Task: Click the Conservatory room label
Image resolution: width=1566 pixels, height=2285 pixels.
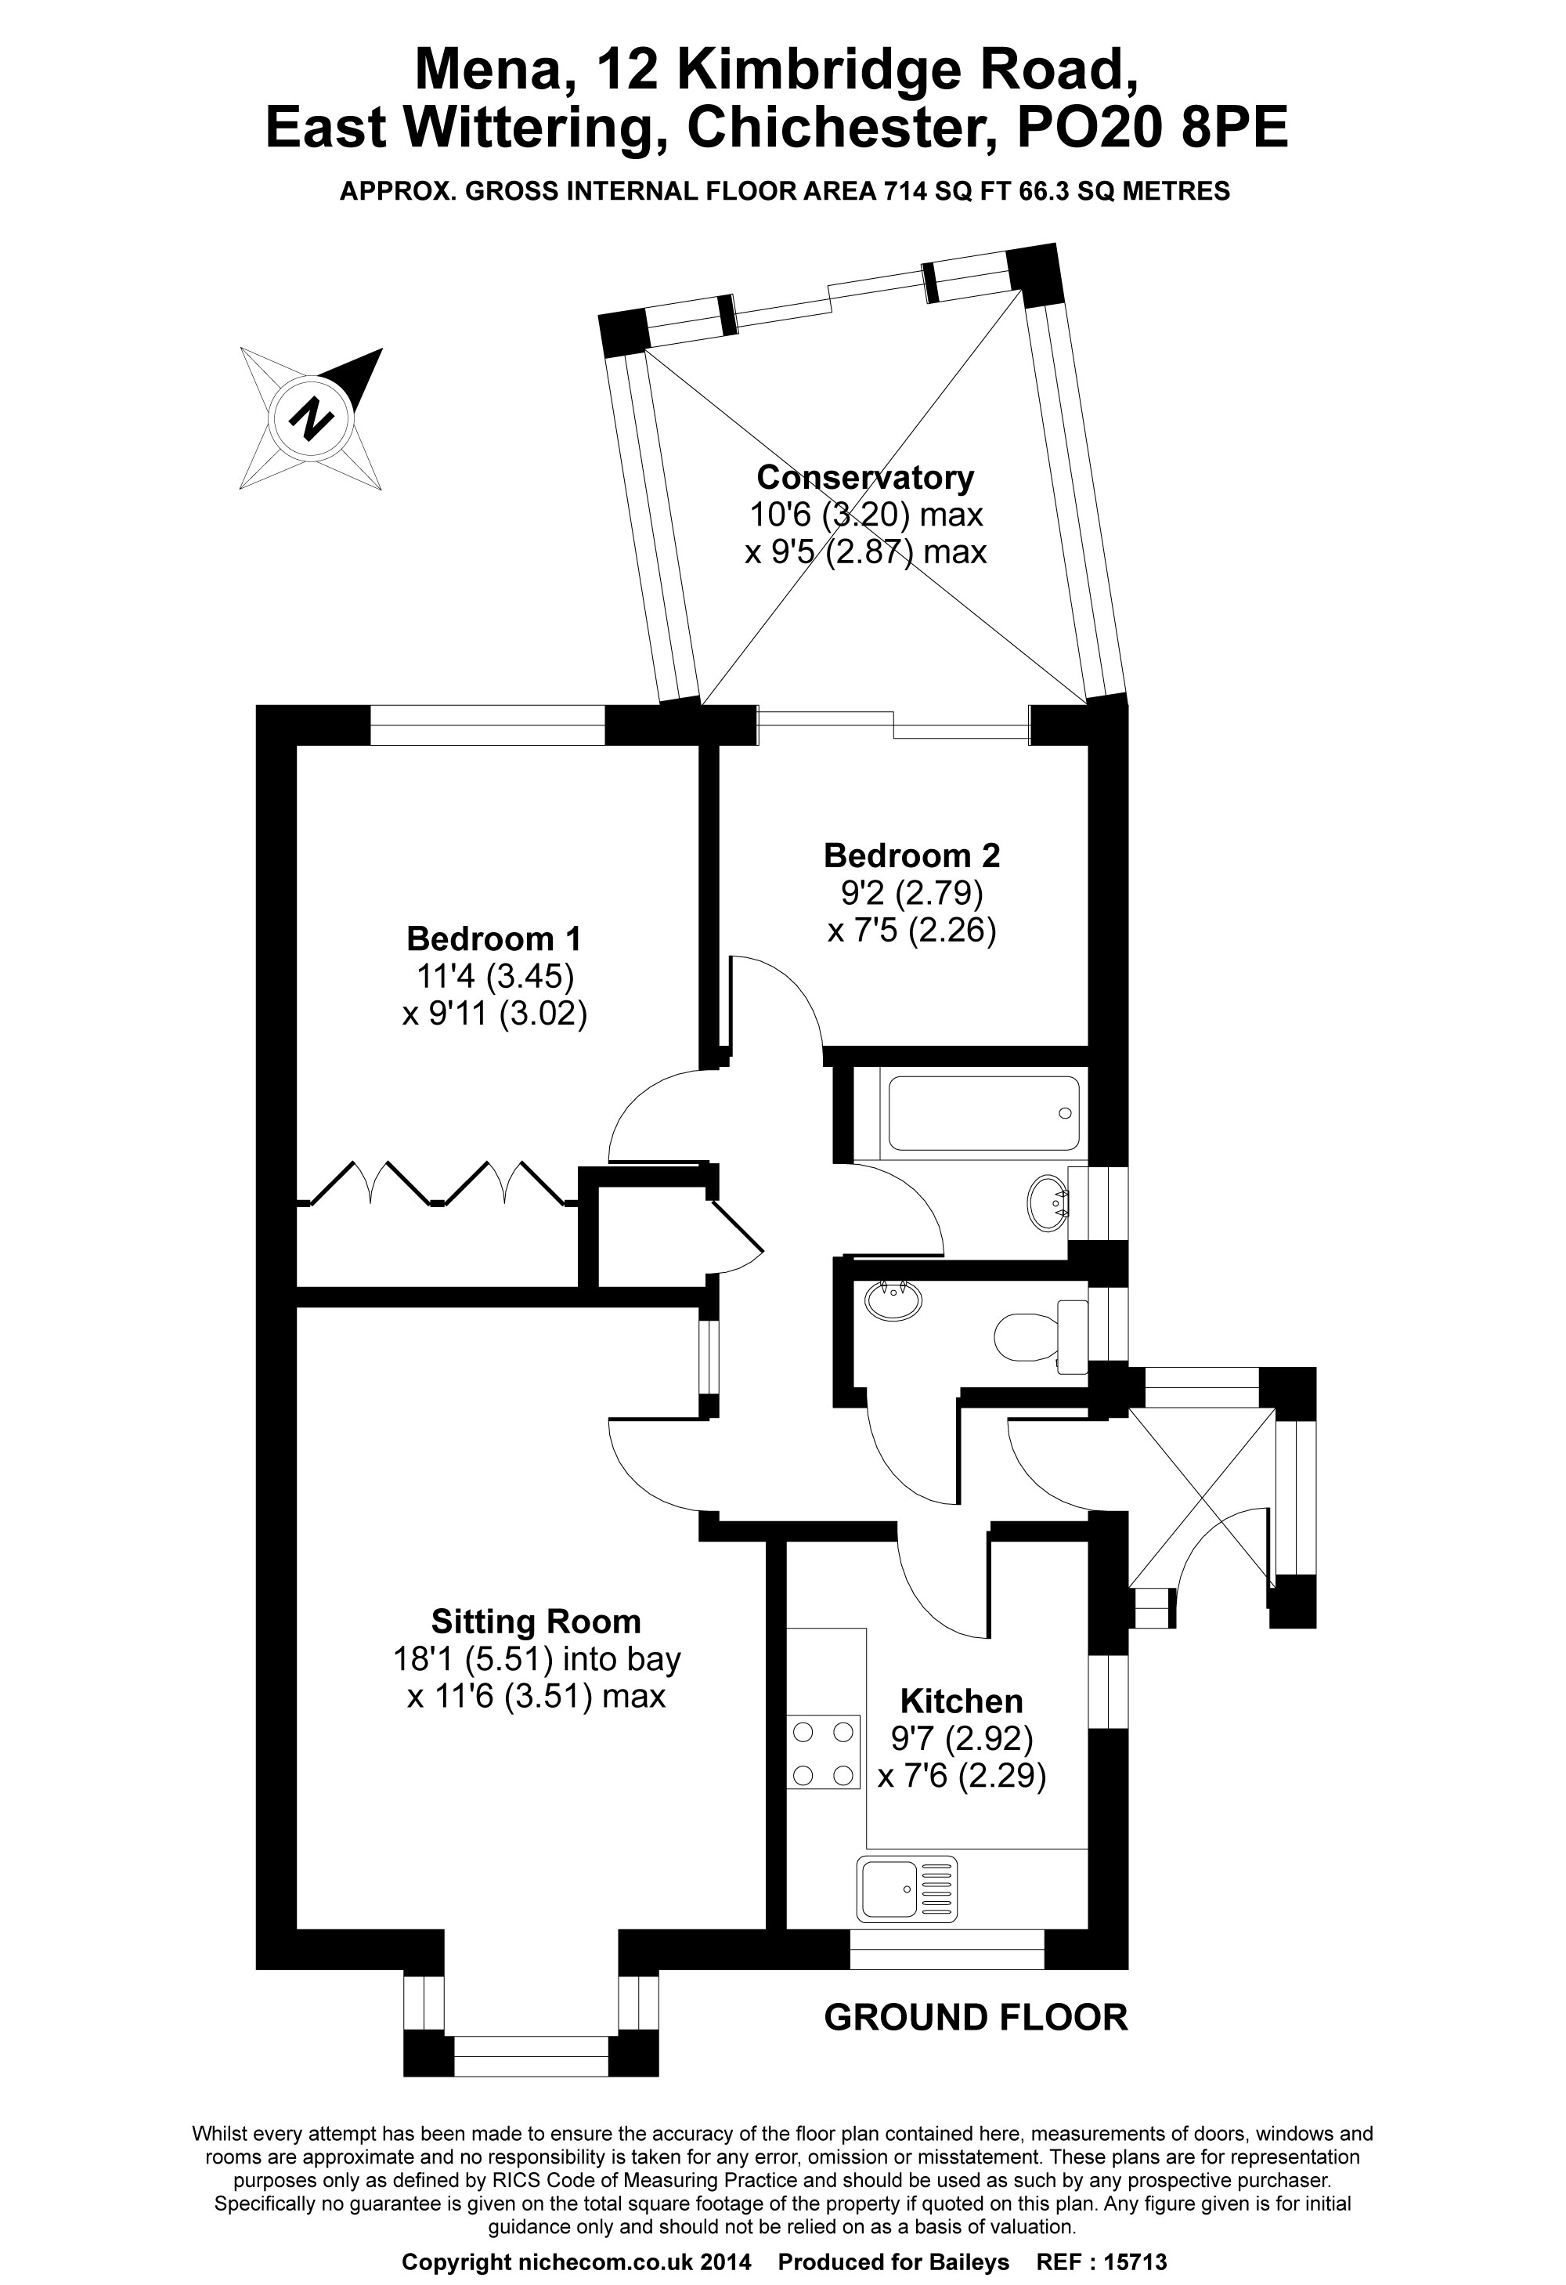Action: click(x=865, y=478)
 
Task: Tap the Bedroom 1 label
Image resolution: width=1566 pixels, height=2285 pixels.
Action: click(x=493, y=939)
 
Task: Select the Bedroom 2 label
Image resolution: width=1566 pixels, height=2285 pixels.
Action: click(x=911, y=855)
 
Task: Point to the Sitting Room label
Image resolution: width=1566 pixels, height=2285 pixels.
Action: click(x=536, y=1622)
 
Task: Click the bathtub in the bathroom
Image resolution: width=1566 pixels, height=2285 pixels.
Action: click(x=983, y=1113)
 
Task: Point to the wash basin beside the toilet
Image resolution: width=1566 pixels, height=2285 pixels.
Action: click(x=893, y=1302)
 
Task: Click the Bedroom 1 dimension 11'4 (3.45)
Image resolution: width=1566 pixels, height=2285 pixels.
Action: click(x=495, y=976)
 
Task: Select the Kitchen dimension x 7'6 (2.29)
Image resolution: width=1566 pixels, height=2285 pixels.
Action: click(x=962, y=1776)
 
